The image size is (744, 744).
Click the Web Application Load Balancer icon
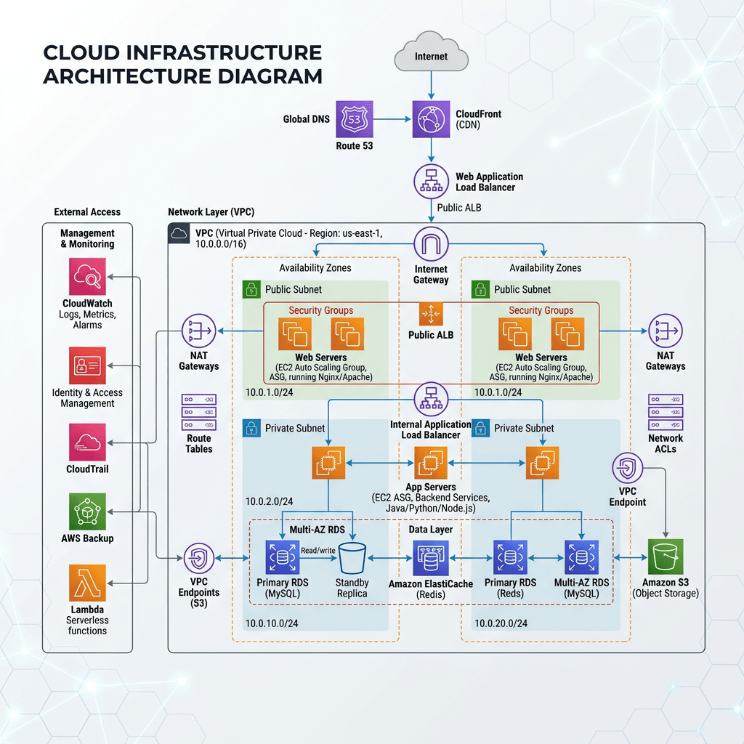pos(432,182)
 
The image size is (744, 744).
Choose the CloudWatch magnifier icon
pos(88,276)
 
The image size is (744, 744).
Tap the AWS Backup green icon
pos(88,511)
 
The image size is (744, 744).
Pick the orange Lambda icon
pos(88,583)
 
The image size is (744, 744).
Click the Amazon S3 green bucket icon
pos(666,558)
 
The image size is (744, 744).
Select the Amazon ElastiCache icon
pos(432,558)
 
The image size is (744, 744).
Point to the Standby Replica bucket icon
pos(352,558)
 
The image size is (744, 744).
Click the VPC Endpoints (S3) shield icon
pos(199,559)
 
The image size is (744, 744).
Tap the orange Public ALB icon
pos(432,314)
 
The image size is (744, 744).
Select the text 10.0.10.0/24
pos(271,623)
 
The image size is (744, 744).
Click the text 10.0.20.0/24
pos(501,623)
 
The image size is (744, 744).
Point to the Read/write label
pos(318,550)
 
